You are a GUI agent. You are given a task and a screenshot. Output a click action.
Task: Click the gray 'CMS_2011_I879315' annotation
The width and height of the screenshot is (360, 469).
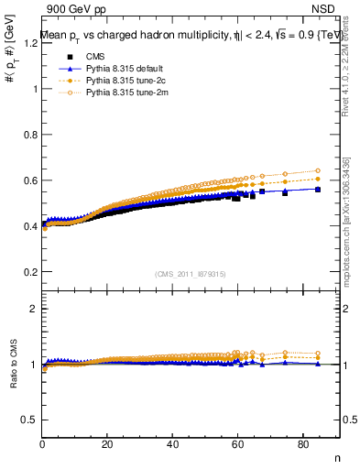click(x=191, y=275)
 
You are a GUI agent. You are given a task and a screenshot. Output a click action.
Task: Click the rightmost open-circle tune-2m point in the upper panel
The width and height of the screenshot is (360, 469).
click(x=318, y=170)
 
